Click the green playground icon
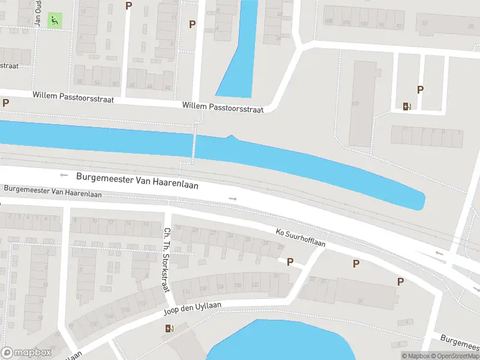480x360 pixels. click(x=55, y=20)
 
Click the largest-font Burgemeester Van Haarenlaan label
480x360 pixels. click(x=137, y=181)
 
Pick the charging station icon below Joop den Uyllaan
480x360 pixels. click(x=169, y=328)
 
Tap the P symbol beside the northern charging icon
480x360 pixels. click(x=421, y=90)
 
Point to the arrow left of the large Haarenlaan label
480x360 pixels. click(x=64, y=175)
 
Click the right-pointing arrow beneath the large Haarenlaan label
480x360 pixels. click(x=233, y=198)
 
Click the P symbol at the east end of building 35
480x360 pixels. click(x=400, y=281)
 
